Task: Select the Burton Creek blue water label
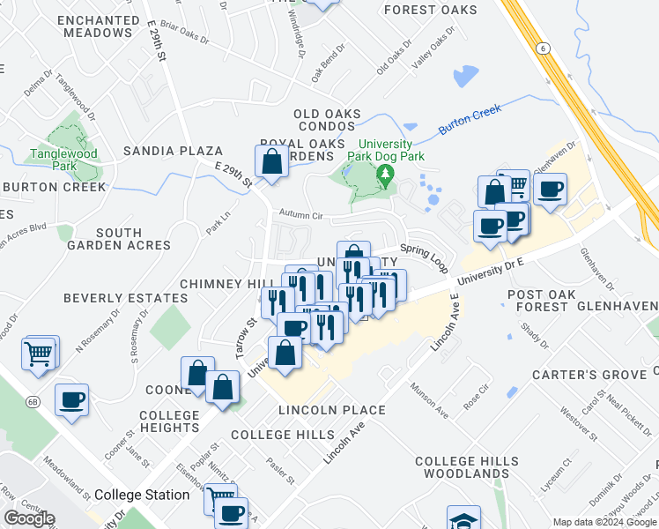(470, 118)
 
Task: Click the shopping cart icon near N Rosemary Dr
(39, 354)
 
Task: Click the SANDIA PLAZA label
(173, 151)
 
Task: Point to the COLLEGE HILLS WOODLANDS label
(462, 467)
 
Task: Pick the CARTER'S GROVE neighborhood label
(589, 375)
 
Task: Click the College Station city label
(142, 495)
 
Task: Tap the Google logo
(29, 518)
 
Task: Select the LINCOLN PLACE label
(331, 410)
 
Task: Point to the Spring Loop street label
(425, 252)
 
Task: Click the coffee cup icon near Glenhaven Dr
(550, 190)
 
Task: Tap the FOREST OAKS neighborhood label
(431, 11)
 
